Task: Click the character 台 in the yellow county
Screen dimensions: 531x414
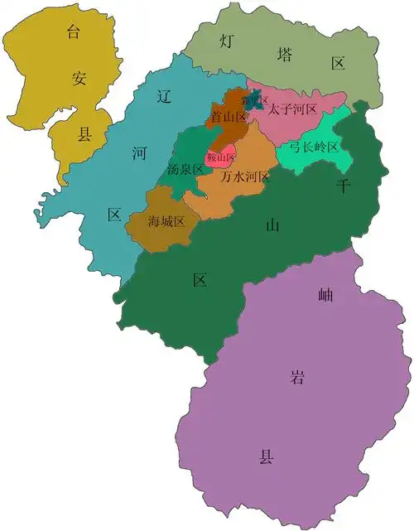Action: [75, 33]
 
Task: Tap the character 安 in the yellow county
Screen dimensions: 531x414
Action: [79, 80]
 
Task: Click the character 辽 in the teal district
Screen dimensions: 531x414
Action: [164, 96]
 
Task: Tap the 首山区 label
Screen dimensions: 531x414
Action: [229, 118]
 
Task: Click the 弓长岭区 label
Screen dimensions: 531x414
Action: [314, 147]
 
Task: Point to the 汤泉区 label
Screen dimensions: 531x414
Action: [185, 169]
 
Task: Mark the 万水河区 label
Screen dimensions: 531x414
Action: [245, 176]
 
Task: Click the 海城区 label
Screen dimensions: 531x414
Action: [166, 221]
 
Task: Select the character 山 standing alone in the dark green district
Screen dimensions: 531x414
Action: [272, 224]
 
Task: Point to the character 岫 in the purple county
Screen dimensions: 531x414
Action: [325, 293]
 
